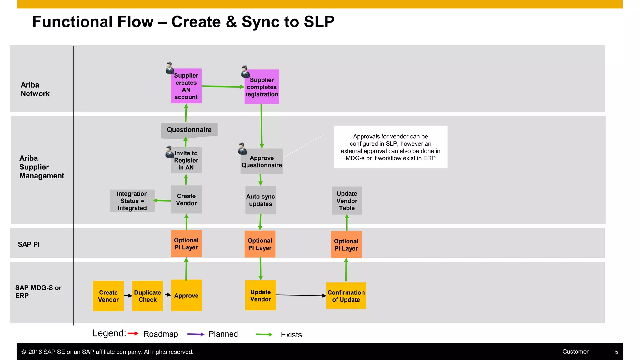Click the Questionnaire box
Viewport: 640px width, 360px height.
pos(189,130)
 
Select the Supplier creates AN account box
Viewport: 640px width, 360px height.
pos(186,86)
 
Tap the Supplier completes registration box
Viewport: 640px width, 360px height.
pos(262,87)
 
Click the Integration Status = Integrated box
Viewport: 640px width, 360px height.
pos(132,201)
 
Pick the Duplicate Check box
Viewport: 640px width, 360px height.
pos(147,296)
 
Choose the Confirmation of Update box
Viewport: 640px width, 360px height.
pos(346,296)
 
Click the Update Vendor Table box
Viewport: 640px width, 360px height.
pos(347,201)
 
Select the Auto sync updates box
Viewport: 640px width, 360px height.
pos(261,200)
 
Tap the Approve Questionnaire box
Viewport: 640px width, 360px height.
pos(262,161)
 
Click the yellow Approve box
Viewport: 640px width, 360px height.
pos(186,295)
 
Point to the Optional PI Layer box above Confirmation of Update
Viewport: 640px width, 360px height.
pos(346,245)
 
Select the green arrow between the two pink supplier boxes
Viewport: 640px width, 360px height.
pos(222,86)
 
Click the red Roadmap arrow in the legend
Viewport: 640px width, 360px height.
pos(133,333)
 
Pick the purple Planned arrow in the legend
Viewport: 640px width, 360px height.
pos(196,334)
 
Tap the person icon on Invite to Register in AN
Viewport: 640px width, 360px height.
pos(170,152)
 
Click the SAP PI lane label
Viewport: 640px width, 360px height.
pos(29,244)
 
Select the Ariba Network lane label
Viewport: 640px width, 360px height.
pos(35,89)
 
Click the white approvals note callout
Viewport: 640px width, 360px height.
pos(390,147)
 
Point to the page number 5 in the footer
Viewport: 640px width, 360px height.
pos(617,352)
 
